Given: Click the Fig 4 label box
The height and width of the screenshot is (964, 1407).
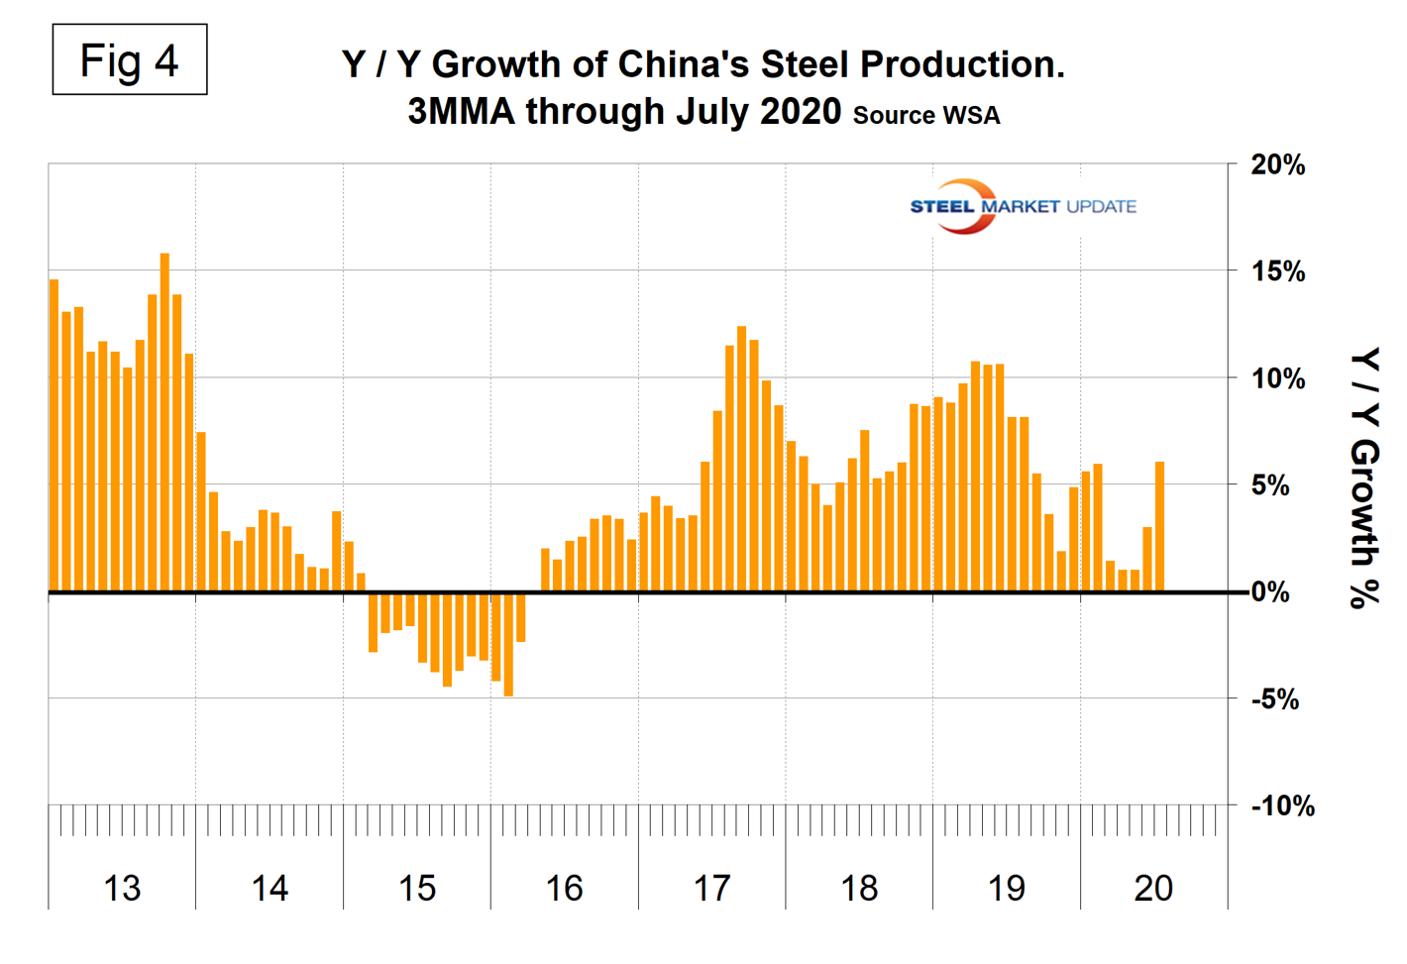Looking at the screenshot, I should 129,60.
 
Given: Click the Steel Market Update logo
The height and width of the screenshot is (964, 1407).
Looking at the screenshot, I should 1023,206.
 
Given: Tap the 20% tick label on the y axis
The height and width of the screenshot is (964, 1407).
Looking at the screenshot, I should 1277,165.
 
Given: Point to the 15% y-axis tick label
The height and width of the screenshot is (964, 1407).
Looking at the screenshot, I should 1277,271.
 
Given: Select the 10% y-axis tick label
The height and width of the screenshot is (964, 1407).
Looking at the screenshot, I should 1277,378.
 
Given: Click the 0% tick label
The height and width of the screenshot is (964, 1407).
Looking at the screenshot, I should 1270,592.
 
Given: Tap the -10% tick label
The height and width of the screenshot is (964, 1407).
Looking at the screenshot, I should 1283,806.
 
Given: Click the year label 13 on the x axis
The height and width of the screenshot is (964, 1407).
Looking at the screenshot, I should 122,889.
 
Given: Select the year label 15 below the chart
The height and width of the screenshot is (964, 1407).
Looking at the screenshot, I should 417,889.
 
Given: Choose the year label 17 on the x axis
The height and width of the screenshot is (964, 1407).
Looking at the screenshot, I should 711,889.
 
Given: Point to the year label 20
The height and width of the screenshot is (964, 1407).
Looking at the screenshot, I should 1153,889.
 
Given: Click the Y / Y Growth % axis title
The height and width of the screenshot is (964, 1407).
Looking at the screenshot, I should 1365,478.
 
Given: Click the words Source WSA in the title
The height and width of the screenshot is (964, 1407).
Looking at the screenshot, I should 926,116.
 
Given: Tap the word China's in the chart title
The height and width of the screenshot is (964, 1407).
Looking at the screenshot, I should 683,64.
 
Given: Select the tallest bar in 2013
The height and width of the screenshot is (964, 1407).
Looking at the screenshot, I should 164,422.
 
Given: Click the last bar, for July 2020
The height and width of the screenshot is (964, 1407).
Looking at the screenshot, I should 1159,527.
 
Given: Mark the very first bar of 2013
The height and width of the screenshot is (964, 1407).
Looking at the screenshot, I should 54,436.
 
